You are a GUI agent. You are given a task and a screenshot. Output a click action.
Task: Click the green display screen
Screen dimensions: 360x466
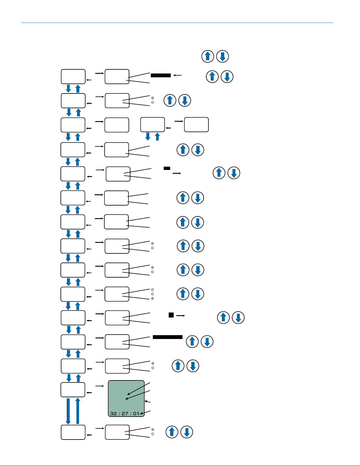click(126, 398)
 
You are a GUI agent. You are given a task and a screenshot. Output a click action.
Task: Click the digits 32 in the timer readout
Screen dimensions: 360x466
click(113, 413)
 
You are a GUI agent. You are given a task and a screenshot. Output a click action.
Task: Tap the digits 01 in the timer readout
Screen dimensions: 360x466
click(136, 413)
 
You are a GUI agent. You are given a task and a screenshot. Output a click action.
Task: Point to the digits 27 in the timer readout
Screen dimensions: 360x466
click(125, 413)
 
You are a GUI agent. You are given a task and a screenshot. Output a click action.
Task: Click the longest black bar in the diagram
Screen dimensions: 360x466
click(168, 337)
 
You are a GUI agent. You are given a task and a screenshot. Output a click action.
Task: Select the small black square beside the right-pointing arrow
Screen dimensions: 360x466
click(171, 315)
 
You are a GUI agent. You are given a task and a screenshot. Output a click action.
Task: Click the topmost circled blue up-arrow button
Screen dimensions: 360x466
click(208, 56)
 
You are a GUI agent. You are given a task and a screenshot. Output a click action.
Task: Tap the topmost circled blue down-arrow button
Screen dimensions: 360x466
click(222, 56)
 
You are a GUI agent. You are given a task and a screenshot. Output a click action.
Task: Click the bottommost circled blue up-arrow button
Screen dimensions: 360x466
click(172, 432)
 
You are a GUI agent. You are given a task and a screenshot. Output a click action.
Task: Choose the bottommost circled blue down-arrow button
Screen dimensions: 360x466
click(187, 432)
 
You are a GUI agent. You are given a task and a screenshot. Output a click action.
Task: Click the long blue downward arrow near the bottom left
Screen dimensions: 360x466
click(68, 411)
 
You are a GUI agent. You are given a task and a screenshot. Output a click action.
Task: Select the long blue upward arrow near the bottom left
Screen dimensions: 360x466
click(78, 411)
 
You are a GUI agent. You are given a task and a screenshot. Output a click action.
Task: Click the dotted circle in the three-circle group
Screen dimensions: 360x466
click(153, 298)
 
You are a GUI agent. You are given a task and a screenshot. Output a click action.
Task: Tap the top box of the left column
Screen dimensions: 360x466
click(73, 76)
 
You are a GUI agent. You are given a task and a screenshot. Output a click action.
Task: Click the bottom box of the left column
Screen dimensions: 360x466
click(73, 432)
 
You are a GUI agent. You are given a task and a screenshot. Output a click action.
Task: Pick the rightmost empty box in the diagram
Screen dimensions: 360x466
click(196, 125)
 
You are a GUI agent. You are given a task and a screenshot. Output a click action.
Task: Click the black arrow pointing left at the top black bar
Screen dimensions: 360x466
click(178, 75)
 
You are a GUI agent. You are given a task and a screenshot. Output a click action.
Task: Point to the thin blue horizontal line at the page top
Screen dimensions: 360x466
click(177, 23)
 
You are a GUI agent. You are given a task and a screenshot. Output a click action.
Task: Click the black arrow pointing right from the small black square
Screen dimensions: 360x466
click(181, 316)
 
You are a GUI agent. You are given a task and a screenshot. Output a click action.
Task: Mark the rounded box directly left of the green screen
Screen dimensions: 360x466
click(73, 390)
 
